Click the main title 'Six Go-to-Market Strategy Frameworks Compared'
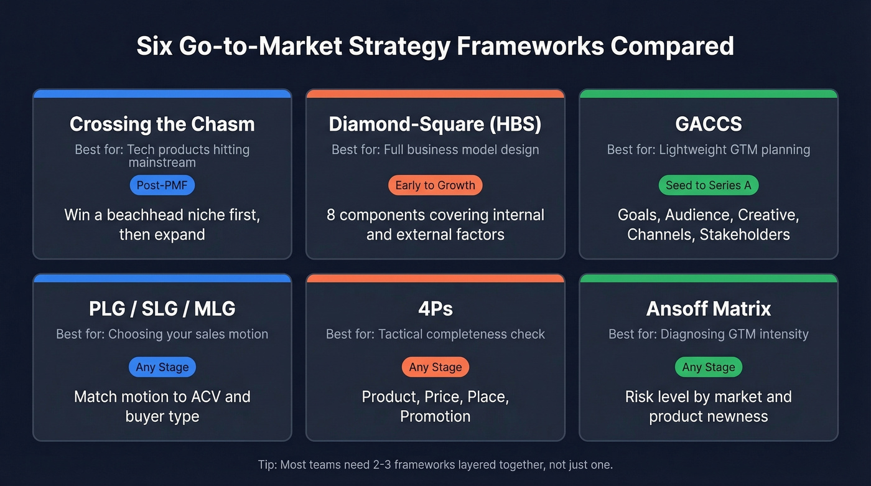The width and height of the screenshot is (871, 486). point(435,47)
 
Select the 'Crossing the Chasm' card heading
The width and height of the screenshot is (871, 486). point(162,124)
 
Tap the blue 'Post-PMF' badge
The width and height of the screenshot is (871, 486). point(162,185)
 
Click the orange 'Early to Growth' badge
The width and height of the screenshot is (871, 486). point(435,185)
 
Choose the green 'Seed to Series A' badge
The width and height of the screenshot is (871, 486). point(708,185)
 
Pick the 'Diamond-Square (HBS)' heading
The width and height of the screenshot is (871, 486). point(435,124)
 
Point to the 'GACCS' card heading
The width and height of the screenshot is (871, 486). point(708,124)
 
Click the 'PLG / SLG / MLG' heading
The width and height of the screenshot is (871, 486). point(162,308)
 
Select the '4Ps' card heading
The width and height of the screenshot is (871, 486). point(435,308)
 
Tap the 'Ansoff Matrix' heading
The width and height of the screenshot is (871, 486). point(708,308)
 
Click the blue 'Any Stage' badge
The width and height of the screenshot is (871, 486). point(162,367)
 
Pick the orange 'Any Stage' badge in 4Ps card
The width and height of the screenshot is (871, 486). point(435,367)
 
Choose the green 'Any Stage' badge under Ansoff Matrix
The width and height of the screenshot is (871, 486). point(708,367)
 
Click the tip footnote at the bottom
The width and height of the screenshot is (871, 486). point(435,464)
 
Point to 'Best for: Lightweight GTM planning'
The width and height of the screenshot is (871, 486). point(708,149)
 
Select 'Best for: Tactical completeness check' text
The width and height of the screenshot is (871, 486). point(435,334)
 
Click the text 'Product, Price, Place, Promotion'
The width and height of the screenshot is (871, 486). point(435,406)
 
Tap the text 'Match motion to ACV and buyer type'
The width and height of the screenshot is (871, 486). point(162,406)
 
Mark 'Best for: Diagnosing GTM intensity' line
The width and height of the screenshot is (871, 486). point(708,334)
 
